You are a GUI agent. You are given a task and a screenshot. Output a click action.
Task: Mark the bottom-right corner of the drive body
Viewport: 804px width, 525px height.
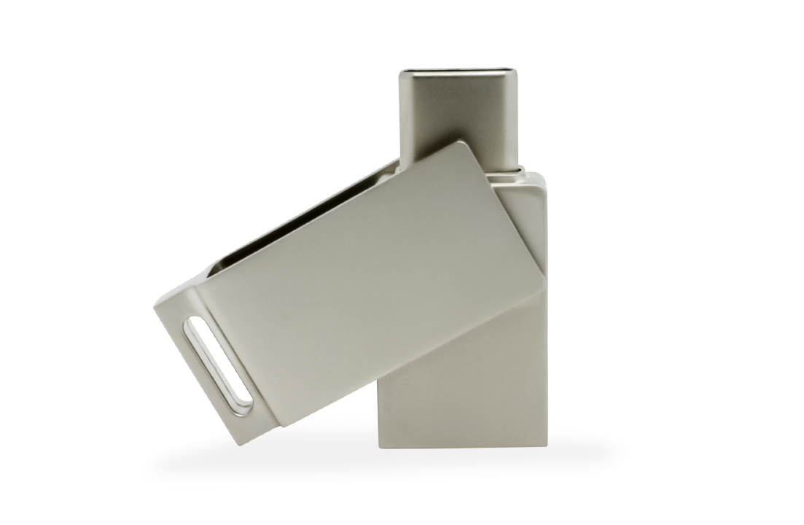pos(546,446)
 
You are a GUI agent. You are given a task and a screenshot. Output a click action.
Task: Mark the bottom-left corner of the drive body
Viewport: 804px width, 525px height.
pos(378,446)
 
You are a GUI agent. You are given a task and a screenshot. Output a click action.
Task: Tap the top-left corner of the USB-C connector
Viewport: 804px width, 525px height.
pos(401,71)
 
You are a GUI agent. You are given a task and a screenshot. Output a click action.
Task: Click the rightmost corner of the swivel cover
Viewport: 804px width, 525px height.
pos(544,275)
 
